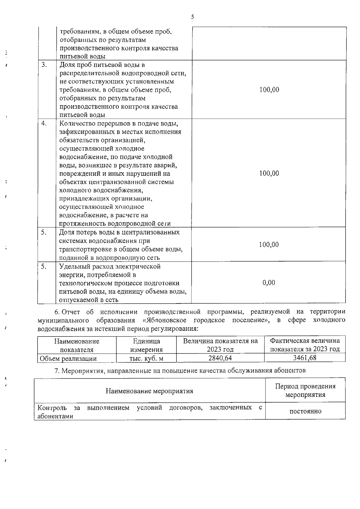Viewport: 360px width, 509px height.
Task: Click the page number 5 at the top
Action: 192,17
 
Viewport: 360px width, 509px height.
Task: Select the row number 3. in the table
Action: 44,65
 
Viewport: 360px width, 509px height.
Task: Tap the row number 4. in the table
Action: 44,123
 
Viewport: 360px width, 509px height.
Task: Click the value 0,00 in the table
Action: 269,283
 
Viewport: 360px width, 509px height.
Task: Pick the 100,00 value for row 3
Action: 269,90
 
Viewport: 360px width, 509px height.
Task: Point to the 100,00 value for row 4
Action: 269,173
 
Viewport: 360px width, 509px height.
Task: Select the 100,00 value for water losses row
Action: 269,245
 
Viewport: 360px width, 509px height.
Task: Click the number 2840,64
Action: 220,358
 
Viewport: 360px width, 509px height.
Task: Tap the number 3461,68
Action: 305,358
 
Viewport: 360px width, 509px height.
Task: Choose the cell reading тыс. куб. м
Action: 146,358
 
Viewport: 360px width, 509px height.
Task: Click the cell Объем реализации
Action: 68,358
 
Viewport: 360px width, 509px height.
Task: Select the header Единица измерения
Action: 146,345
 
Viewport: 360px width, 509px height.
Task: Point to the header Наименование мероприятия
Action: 149,391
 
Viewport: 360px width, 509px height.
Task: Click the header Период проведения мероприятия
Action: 305,390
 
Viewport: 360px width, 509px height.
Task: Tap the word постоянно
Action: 305,411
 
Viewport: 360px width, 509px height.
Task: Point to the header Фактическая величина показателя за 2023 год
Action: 305,345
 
